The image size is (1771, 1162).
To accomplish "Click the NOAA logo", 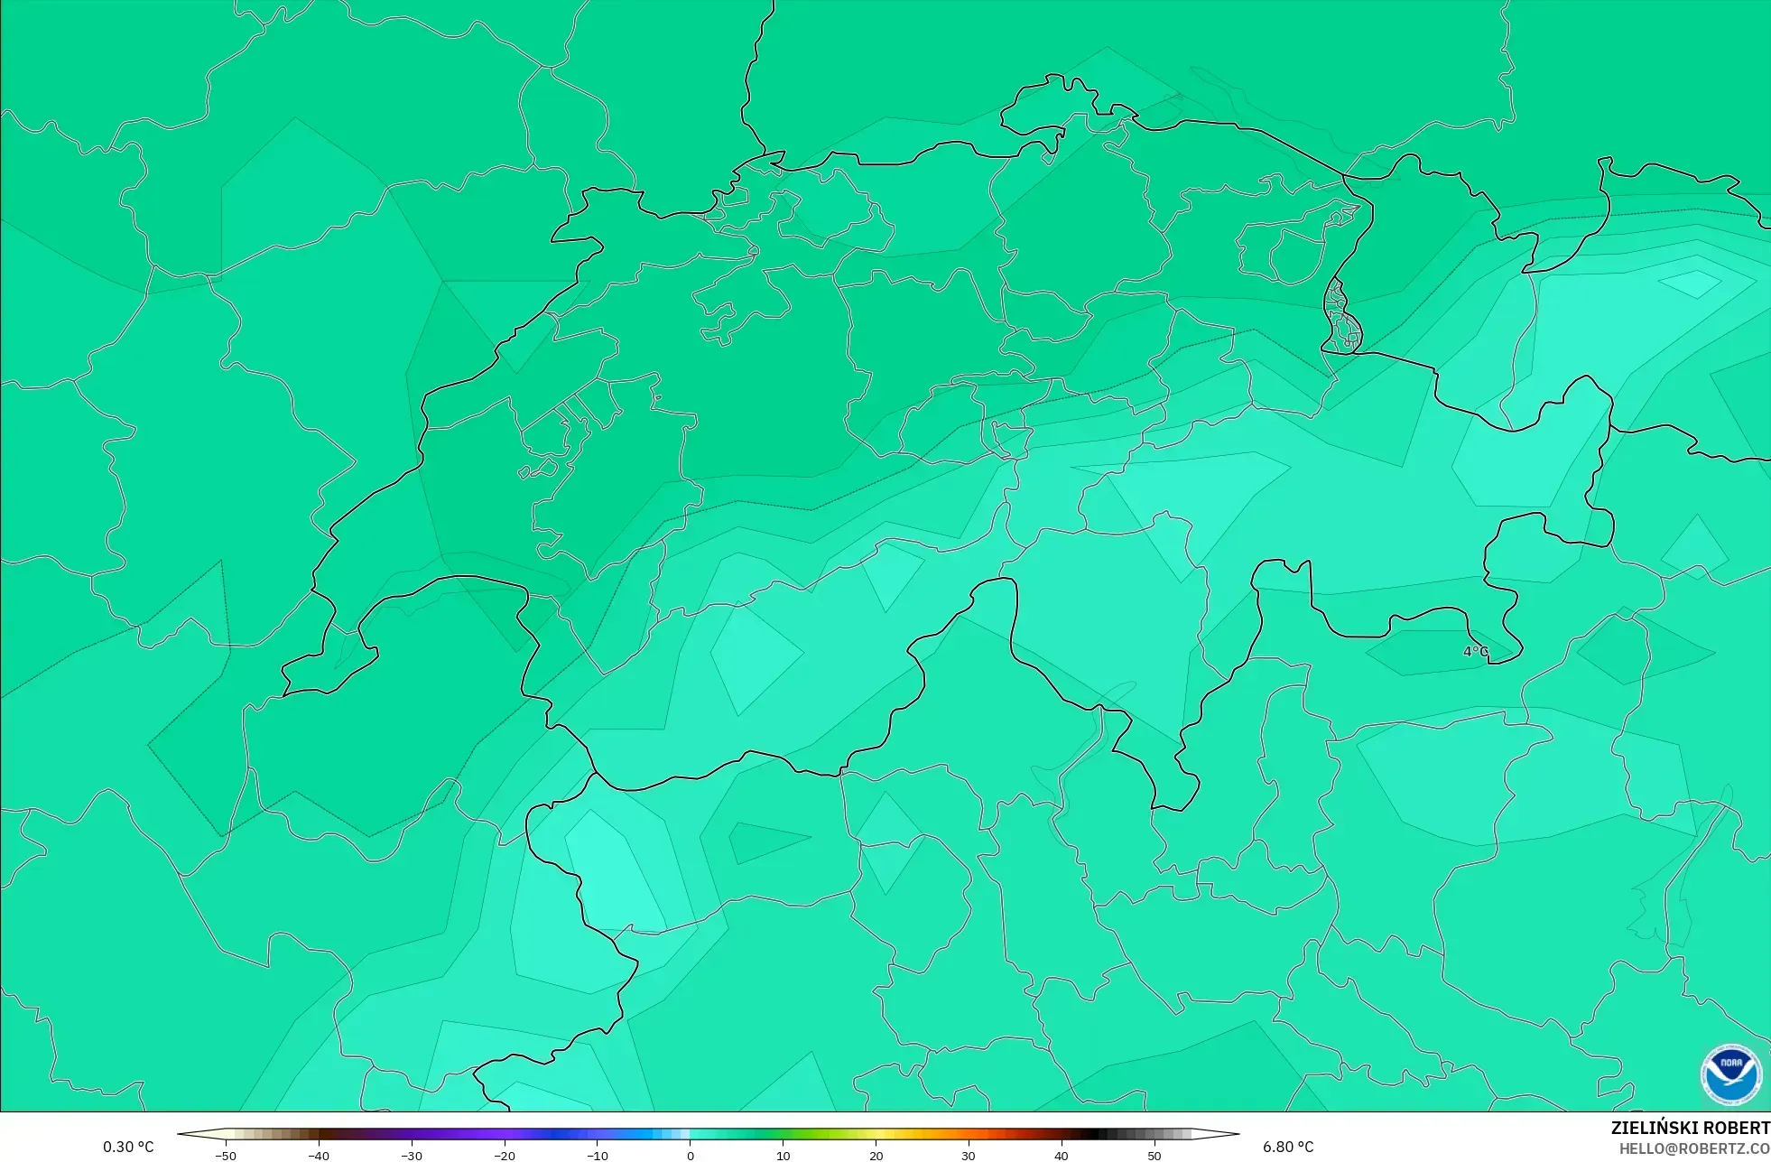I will [1730, 1074].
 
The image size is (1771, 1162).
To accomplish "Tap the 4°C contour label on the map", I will [1475, 651].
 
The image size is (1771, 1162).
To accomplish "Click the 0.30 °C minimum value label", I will [128, 1147].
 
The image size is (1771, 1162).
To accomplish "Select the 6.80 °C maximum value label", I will [1288, 1147].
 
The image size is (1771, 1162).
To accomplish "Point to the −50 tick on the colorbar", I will [226, 1156].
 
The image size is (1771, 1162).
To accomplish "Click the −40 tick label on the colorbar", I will [319, 1156].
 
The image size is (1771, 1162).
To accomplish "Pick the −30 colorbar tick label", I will [412, 1156].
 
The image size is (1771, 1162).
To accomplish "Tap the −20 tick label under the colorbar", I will [505, 1156].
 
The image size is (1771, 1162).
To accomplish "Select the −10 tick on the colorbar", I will [598, 1156].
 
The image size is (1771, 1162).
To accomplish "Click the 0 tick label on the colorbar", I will [691, 1156].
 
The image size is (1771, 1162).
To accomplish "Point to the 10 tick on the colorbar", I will [784, 1156].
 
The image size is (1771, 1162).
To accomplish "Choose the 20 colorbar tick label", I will [876, 1156].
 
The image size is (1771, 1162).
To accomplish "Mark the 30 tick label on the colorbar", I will [969, 1156].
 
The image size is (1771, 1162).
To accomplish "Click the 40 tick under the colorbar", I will [1062, 1156].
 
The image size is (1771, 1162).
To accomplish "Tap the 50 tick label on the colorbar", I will [1154, 1156].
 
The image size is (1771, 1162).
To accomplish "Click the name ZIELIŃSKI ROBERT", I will [1690, 1128].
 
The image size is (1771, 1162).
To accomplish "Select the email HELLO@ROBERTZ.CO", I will [1693, 1148].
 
